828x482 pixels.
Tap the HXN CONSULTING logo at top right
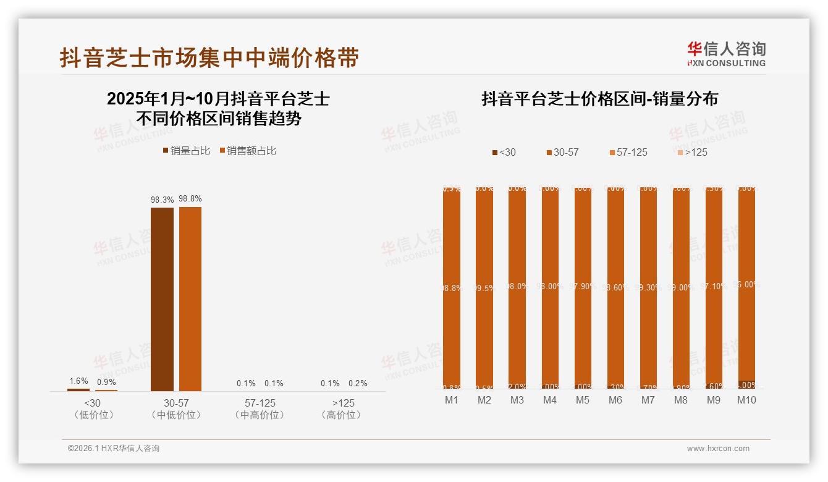click(726, 54)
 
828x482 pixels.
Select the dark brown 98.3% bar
click(162, 299)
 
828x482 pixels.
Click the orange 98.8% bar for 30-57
click(190, 299)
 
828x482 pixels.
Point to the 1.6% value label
click(78, 381)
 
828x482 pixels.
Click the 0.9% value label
click(106, 382)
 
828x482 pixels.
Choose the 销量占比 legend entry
click(186, 151)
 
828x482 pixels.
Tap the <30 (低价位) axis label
click(93, 408)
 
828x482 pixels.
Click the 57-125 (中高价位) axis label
click(260, 408)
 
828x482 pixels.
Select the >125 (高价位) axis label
click(344, 408)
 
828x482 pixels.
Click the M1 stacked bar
click(452, 287)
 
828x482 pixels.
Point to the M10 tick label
click(746, 400)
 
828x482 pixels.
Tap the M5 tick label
click(583, 400)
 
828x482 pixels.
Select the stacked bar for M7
click(648, 287)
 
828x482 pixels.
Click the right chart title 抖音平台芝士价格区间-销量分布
click(599, 99)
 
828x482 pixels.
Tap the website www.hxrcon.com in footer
click(718, 449)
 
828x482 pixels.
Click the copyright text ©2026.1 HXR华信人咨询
click(114, 449)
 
